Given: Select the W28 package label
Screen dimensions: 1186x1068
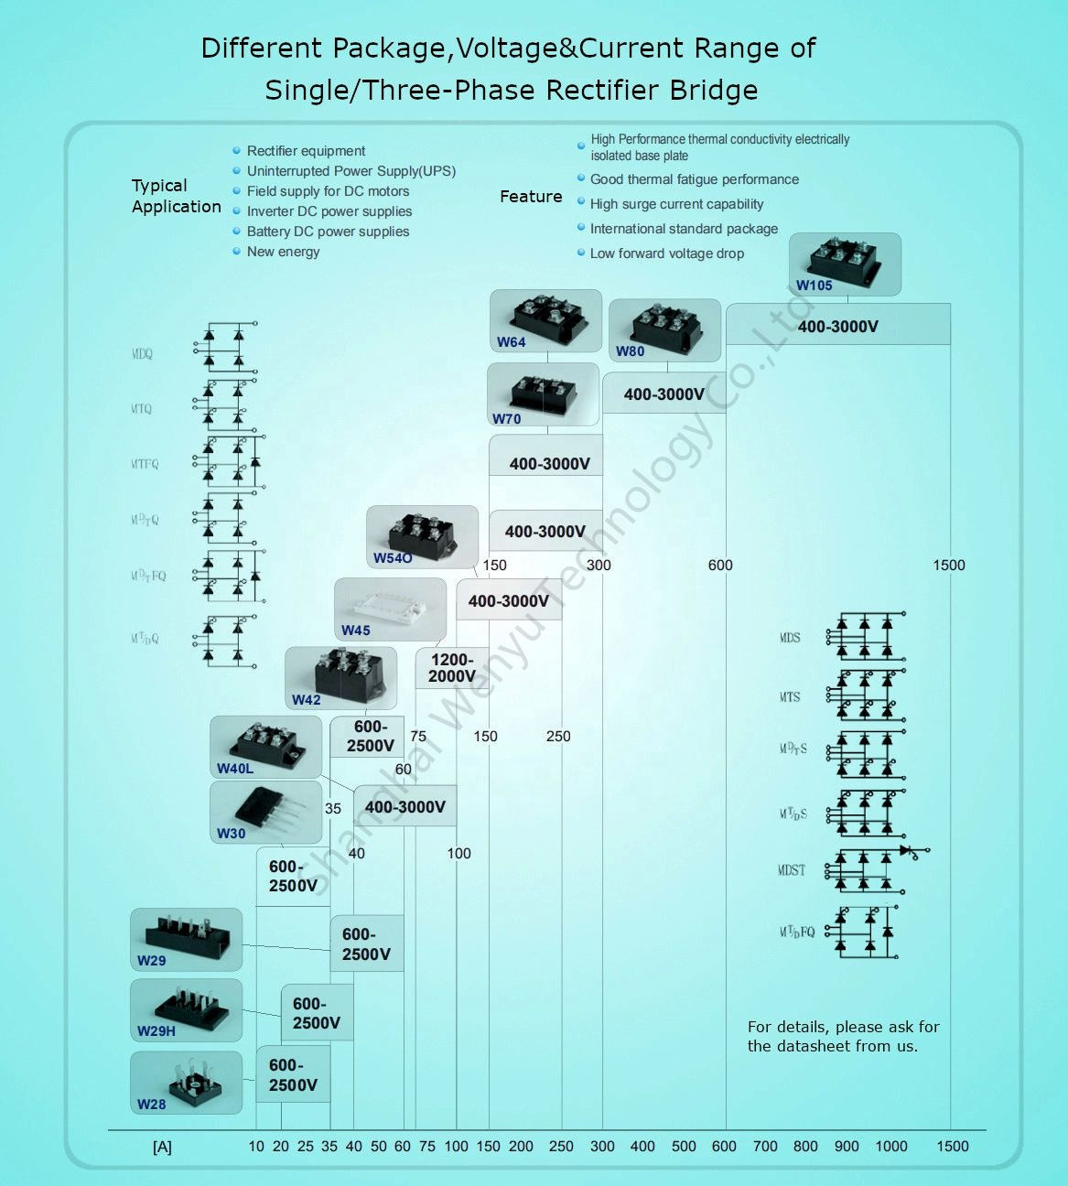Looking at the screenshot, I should click(152, 1104).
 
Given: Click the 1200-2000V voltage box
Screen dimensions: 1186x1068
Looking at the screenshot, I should click(451, 668).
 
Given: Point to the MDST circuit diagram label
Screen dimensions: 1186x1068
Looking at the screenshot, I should click(792, 870).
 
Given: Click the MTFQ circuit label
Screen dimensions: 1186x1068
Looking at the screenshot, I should click(145, 464).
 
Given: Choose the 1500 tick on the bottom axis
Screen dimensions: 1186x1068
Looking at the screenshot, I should click(952, 1146).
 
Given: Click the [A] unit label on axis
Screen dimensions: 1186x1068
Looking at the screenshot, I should click(162, 1147).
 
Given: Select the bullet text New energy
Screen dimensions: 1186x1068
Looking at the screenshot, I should click(283, 252).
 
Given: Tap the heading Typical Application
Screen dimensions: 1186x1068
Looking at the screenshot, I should click(176, 196).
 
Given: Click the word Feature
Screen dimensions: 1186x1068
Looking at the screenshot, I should click(531, 197).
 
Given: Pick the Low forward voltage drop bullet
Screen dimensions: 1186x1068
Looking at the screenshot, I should click(666, 253).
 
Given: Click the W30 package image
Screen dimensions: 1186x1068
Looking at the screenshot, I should click(266, 810).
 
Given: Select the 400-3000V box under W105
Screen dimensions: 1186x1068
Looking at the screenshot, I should click(837, 326).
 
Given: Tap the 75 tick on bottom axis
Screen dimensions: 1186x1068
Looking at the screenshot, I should click(427, 1146).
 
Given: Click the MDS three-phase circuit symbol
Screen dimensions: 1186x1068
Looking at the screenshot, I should click(865, 636).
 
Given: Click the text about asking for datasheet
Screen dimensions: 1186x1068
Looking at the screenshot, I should click(843, 1036).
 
